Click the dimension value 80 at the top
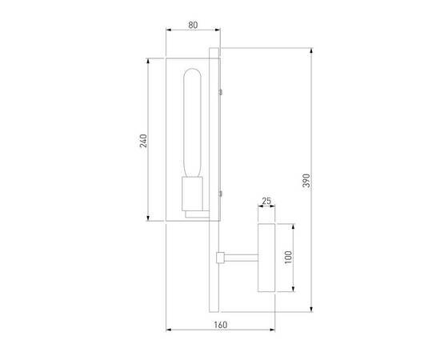[193, 25]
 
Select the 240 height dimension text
[143, 140]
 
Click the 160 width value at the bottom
[221, 325]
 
